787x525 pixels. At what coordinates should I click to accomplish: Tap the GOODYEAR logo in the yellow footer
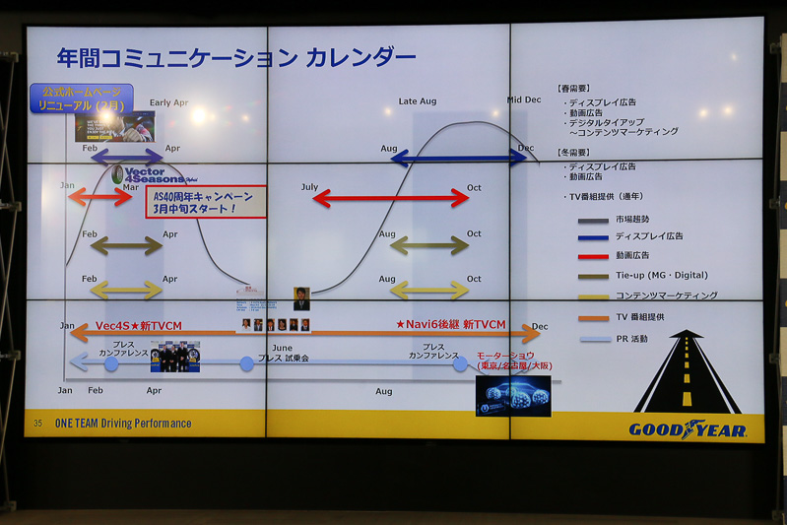click(x=688, y=429)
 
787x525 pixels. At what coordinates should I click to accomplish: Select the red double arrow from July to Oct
click(x=391, y=198)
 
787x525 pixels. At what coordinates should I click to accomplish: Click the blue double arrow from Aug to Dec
click(x=459, y=158)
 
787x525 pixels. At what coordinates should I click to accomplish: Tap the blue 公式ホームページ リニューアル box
click(x=81, y=98)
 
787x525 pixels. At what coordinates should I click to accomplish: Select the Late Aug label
click(x=417, y=101)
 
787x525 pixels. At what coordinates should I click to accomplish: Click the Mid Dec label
click(x=524, y=99)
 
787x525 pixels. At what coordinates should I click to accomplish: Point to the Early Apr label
click(x=168, y=102)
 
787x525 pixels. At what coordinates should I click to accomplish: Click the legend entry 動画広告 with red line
click(x=635, y=256)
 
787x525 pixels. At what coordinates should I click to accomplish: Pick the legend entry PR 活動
click(x=630, y=339)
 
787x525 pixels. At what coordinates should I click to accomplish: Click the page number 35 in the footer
click(x=38, y=424)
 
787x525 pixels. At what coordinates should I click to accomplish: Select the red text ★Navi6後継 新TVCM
click(x=450, y=324)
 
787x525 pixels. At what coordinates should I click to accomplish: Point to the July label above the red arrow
click(x=309, y=186)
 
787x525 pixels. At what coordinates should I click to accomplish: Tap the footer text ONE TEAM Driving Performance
click(x=123, y=424)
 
